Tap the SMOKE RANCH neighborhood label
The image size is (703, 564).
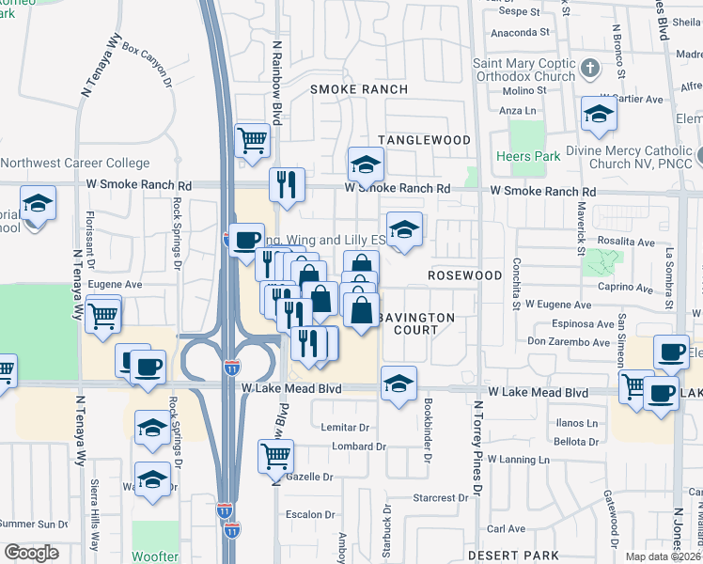[x=359, y=89]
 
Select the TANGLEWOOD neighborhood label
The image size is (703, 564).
[x=424, y=140]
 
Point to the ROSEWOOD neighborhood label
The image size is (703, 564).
[x=465, y=275]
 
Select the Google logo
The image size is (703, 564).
[x=31, y=553]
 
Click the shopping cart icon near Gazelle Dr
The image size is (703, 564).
[x=275, y=456]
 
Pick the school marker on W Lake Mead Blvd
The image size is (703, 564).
[x=398, y=384]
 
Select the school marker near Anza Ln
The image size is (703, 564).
[x=599, y=115]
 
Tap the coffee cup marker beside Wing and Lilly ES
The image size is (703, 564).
[x=246, y=240]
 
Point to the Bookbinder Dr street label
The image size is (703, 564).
[x=428, y=431]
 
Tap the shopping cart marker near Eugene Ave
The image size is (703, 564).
[x=102, y=314]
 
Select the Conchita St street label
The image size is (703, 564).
[x=516, y=283]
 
